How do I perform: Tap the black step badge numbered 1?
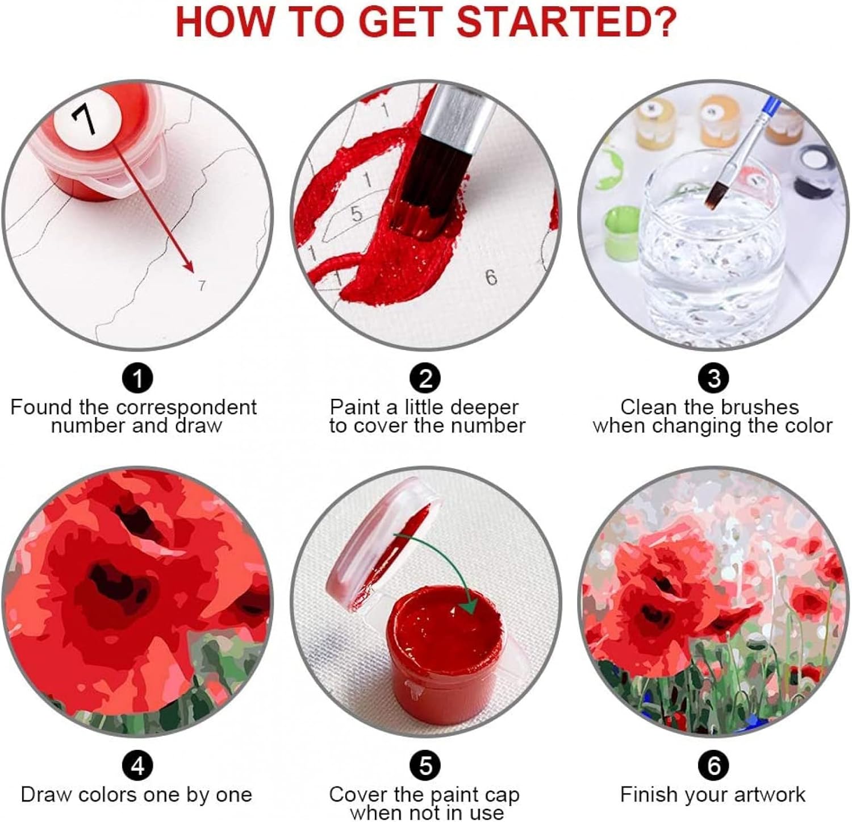click(137, 377)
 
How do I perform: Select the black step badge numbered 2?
click(425, 377)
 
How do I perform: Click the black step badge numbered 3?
click(713, 377)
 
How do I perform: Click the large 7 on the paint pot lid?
click(83, 119)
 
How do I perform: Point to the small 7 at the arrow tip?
click(202, 285)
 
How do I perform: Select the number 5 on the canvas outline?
click(356, 213)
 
